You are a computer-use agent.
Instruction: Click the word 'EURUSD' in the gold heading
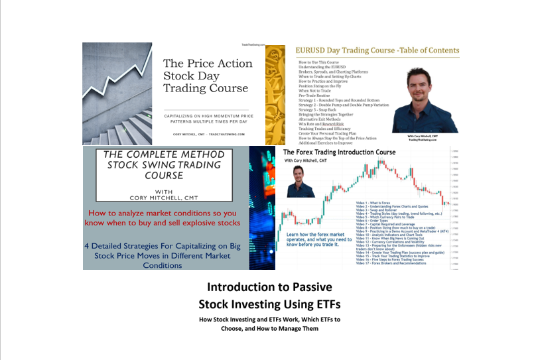tap(312, 50)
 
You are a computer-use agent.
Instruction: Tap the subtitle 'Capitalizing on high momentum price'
tap(208, 116)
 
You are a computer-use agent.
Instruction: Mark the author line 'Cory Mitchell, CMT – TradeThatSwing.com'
tap(208, 134)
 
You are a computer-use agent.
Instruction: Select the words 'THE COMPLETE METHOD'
tap(165, 154)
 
